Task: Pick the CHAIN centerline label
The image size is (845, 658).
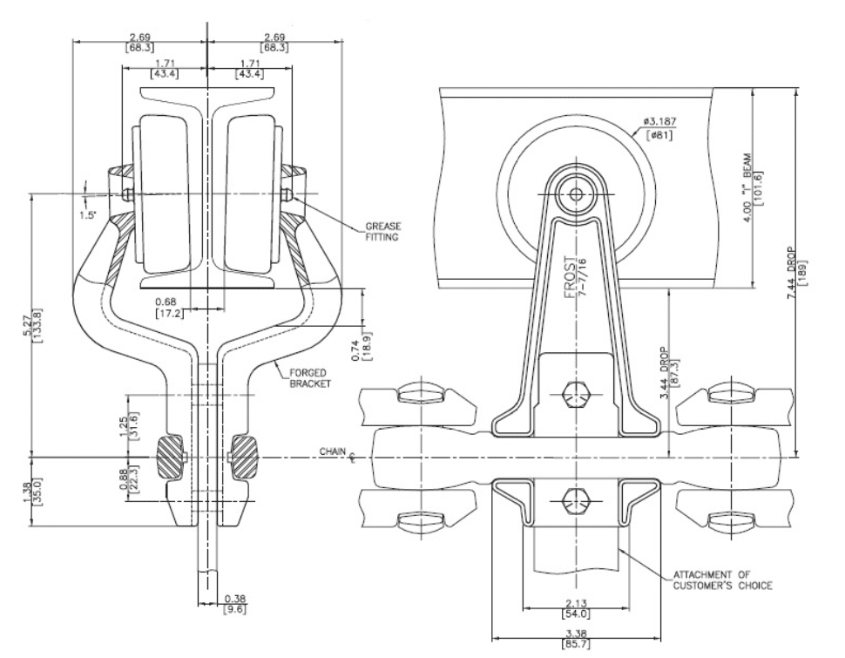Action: [335, 453]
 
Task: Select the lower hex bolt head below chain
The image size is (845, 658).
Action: [574, 499]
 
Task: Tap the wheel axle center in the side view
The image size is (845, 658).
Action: [574, 193]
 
